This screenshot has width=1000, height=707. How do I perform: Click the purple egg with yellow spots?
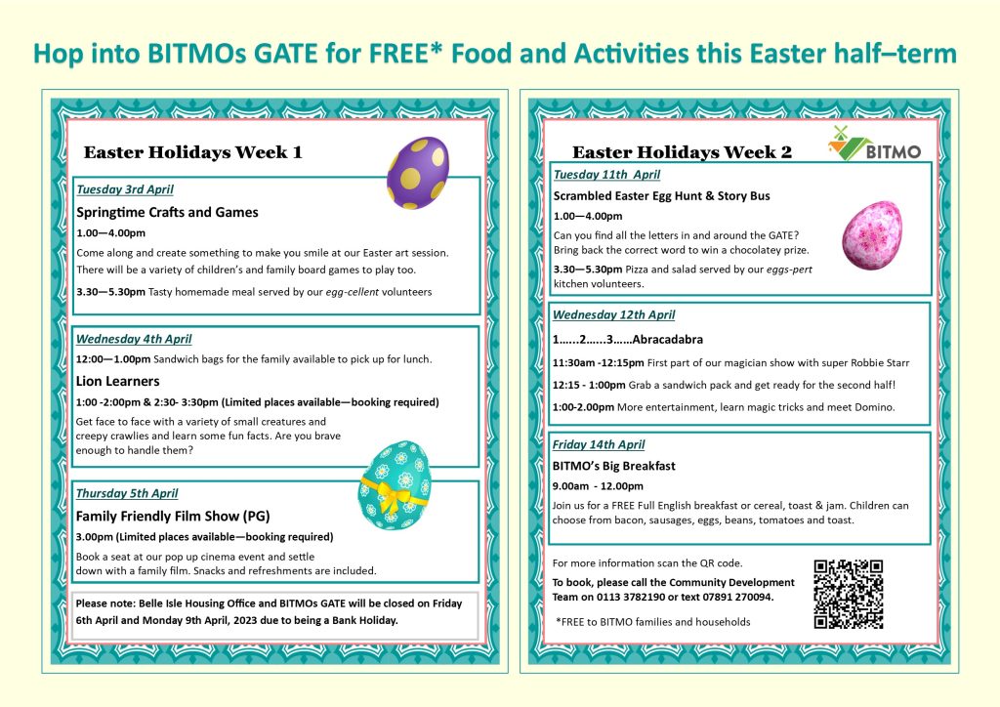point(418,173)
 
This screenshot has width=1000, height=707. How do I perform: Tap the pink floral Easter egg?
point(872,235)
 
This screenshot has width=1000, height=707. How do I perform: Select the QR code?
point(849,594)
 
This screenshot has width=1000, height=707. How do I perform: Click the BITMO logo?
point(875,145)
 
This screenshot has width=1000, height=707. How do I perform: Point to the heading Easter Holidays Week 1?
point(192,152)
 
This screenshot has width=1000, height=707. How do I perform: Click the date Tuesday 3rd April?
point(125,189)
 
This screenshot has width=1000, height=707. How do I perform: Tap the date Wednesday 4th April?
point(134,339)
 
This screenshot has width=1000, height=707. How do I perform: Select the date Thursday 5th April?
point(127,493)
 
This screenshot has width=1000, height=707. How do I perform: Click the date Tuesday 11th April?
point(607,175)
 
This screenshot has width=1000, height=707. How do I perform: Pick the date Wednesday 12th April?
point(613,315)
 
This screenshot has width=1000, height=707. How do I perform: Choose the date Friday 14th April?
point(599,445)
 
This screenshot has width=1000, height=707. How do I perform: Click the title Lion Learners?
point(118,381)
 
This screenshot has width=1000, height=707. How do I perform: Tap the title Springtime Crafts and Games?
point(168,212)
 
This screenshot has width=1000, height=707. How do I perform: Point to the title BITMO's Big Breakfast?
point(614,466)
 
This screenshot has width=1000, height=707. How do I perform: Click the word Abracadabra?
point(668,339)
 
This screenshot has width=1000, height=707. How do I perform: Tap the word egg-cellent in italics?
point(352,293)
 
